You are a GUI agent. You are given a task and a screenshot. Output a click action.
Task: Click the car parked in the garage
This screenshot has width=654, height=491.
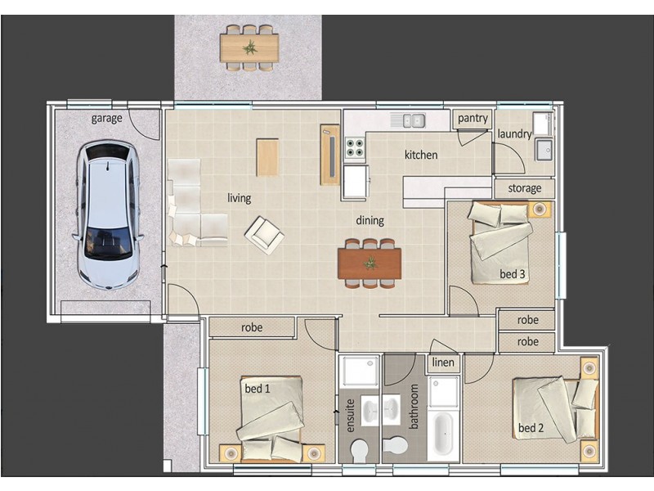click(x=108, y=214)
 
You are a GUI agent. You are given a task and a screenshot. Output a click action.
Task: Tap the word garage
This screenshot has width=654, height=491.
click(x=106, y=119)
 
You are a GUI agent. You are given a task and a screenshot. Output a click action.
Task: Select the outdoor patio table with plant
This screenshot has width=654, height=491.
click(x=249, y=47)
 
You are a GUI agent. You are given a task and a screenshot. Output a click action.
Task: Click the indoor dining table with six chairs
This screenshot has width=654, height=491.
click(x=370, y=263)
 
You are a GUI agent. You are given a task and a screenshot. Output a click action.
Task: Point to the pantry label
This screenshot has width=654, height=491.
click(x=473, y=119)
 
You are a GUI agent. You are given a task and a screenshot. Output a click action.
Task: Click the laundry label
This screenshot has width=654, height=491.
click(x=515, y=134)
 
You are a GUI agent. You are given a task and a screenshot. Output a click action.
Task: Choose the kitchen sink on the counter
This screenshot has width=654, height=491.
click(x=408, y=120)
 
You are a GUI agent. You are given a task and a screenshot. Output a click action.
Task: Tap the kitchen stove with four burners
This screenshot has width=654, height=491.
click(x=356, y=148)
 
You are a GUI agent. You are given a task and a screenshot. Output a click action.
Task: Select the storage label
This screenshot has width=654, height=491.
click(x=524, y=188)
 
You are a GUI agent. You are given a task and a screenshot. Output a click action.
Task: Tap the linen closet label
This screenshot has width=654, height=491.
click(x=442, y=363)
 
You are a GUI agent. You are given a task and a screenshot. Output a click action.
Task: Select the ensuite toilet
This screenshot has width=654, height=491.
click(x=360, y=449)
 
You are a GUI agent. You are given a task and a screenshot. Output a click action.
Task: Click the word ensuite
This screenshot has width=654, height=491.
click(x=350, y=415)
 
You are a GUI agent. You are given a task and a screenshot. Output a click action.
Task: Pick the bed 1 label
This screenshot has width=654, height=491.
click(x=257, y=389)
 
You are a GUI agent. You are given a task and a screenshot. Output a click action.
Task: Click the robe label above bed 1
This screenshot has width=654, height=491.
click(x=252, y=327)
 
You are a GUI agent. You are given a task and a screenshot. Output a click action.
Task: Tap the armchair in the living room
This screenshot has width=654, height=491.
click(x=264, y=234)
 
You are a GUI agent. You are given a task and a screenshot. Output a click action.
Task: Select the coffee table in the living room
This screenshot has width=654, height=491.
click(x=267, y=157)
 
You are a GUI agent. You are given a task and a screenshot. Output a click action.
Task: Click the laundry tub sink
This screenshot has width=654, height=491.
click(x=544, y=150)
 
